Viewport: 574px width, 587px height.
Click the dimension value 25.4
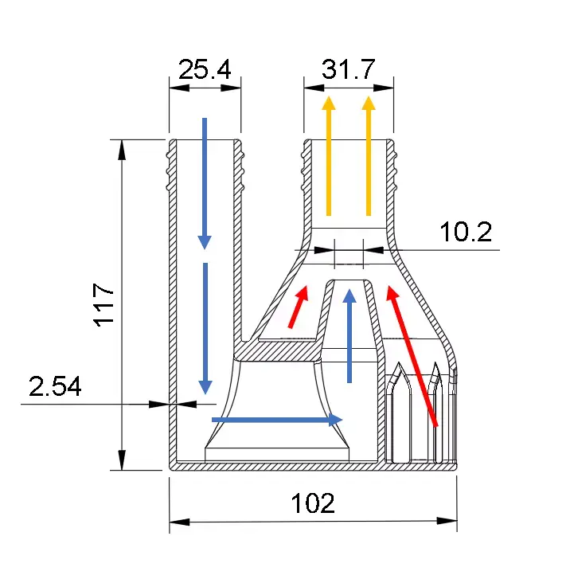[x=205, y=70]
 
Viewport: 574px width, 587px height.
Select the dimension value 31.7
[x=348, y=70]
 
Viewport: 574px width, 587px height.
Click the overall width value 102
[x=312, y=503]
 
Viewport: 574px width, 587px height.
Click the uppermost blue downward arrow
[x=205, y=183]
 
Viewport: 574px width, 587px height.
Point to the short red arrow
[x=298, y=307]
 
